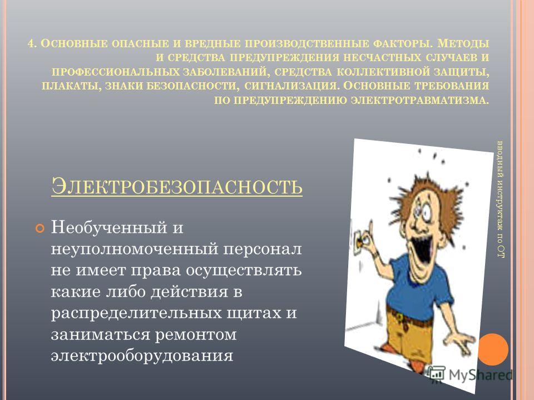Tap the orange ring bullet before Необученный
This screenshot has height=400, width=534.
(40, 228)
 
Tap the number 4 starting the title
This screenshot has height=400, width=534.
(31, 43)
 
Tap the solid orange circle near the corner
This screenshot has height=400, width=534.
(493, 349)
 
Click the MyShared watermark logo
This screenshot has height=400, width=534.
(471, 374)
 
